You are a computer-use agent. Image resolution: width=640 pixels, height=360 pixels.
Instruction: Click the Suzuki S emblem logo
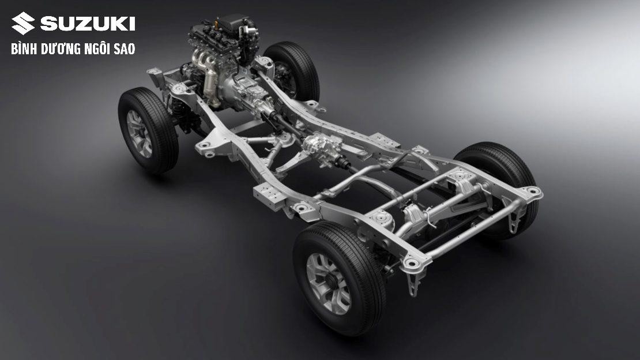coord(23,23)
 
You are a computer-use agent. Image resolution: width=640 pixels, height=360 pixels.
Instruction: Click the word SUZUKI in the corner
coord(88,24)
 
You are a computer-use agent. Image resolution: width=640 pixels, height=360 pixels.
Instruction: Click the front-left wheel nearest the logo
coord(148,130)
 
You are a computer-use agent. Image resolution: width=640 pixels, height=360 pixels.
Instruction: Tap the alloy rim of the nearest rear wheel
coord(328,283)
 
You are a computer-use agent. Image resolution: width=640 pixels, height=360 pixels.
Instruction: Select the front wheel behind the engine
coord(292,70)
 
